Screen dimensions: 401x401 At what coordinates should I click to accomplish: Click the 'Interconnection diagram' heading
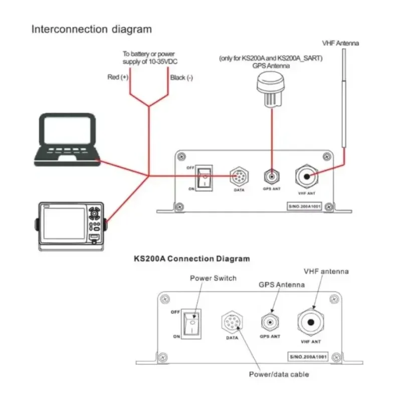pos(91,29)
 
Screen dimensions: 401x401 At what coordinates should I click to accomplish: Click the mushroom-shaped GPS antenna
pos(271,89)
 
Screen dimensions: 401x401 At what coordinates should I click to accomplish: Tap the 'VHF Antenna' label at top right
pos(340,44)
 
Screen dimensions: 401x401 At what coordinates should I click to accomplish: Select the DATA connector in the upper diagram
pos(239,176)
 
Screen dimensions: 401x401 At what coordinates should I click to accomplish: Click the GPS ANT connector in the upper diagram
pos(271,176)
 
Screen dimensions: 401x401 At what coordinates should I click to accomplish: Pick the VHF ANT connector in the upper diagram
pos(306,176)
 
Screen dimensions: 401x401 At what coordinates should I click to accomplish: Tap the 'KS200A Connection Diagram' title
pos(191,259)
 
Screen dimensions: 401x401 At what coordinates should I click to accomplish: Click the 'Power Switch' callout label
pos(213,278)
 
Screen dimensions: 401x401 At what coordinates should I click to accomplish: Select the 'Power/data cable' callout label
pos(279,374)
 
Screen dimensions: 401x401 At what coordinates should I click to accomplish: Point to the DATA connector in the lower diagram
pos(231,322)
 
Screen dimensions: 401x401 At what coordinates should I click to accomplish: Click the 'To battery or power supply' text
pos(149,58)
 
